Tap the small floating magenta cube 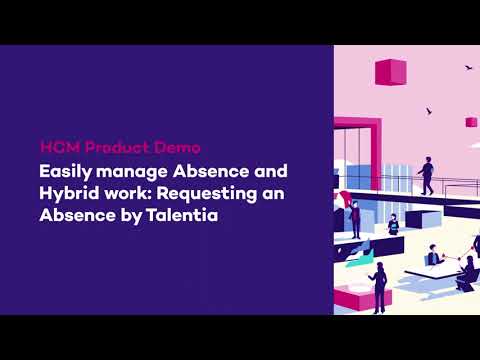470,122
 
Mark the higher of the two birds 468,68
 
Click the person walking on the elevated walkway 427,175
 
